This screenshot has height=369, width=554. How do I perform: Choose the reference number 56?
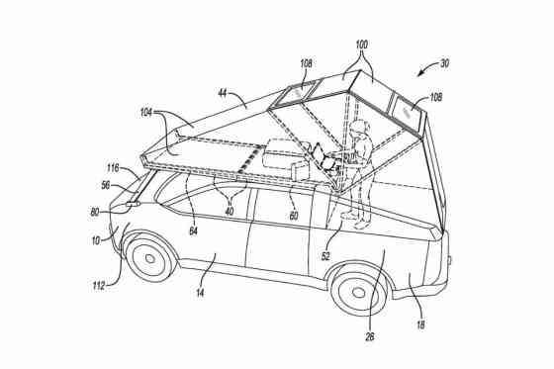[x=105, y=185]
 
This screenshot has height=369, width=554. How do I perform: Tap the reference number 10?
[x=96, y=240]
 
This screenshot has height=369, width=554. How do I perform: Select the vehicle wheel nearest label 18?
[x=356, y=292]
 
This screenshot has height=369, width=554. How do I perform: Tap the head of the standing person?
[x=360, y=128]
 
